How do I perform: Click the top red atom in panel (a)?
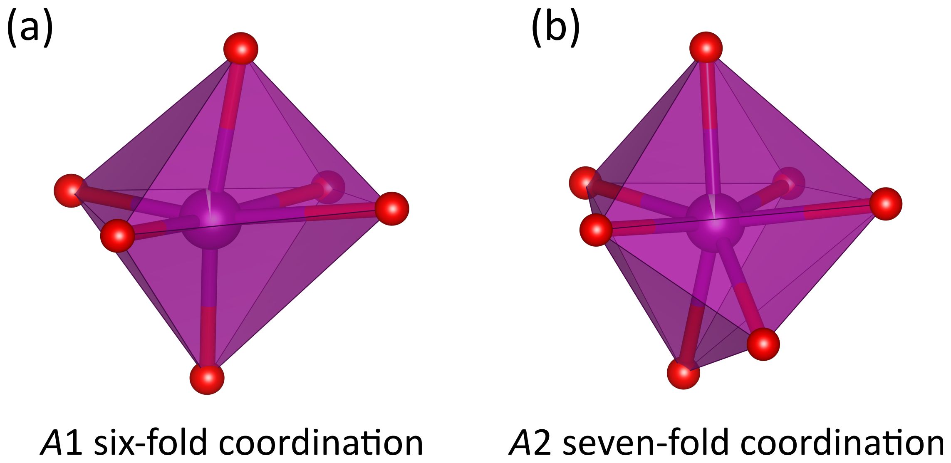tap(241, 49)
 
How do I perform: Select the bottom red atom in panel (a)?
tap(207, 378)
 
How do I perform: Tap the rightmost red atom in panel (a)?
tap(392, 208)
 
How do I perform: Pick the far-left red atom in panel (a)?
tap(71, 191)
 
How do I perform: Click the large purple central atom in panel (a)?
tap(211, 219)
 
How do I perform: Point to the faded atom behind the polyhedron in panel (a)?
tap(329, 187)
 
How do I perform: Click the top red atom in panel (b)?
tap(706, 48)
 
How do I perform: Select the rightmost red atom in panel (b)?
tap(886, 203)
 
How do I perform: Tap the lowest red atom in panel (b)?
tap(683, 373)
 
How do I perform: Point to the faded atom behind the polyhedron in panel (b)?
tap(789, 183)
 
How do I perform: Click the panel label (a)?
tap(30, 27)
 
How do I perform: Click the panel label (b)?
tap(555, 27)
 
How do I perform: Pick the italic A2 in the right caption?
tap(530, 443)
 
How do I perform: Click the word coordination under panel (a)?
tap(321, 443)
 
